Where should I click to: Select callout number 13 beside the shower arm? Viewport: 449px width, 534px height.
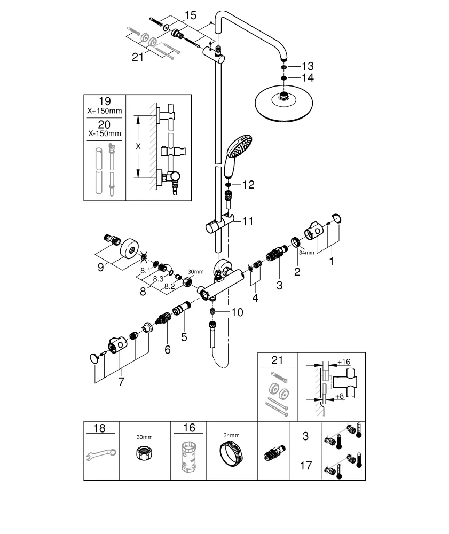308,66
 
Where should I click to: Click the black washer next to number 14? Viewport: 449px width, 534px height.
283,78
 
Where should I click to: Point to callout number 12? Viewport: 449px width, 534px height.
249,185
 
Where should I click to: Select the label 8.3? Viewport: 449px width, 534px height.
158,279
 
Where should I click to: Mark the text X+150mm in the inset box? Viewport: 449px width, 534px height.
105,111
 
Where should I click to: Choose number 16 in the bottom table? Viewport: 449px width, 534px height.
188,428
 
